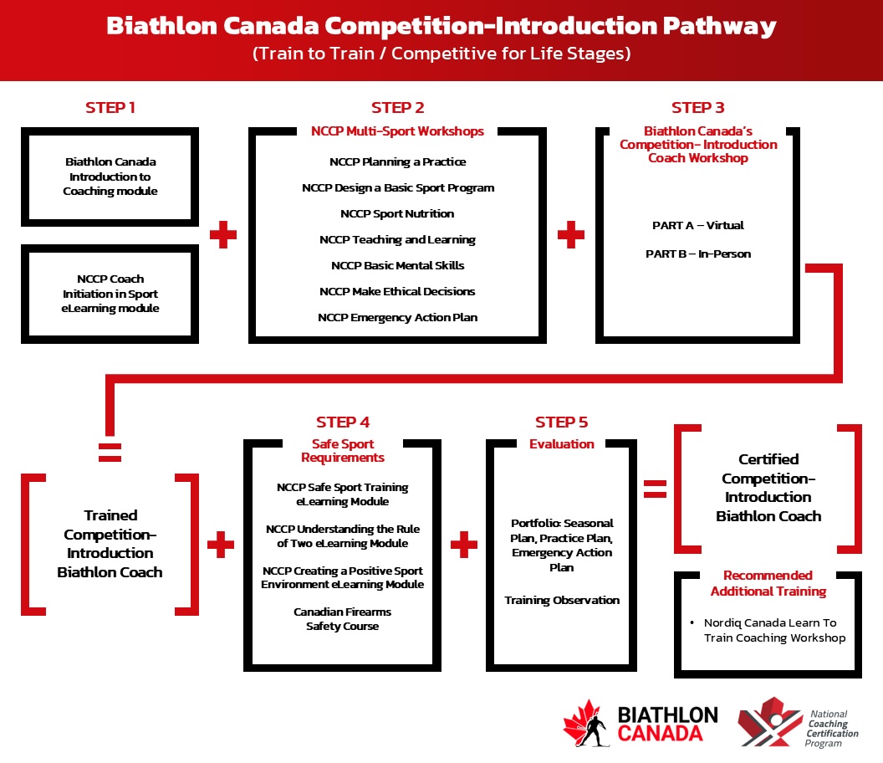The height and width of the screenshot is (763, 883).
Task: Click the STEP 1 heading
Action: (x=110, y=108)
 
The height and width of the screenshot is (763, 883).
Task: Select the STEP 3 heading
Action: (x=697, y=108)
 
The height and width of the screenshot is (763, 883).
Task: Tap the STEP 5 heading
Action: (x=561, y=422)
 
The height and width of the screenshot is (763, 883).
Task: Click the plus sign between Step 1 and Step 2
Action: (x=223, y=235)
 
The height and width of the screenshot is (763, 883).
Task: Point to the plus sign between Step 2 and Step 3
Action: (x=570, y=235)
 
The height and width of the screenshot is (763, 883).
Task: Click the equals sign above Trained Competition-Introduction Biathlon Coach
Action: (x=110, y=452)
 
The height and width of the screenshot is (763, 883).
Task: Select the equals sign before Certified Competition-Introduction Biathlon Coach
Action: (x=656, y=489)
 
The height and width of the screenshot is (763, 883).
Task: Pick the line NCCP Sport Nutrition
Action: (x=397, y=214)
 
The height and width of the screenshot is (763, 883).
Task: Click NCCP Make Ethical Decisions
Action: (x=397, y=292)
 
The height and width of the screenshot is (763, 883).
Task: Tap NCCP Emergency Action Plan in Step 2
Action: (x=397, y=318)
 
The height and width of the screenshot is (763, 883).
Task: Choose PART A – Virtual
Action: (x=697, y=226)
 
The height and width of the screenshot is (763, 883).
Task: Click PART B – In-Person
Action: (x=697, y=253)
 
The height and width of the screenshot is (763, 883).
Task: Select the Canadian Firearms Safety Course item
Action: (x=342, y=619)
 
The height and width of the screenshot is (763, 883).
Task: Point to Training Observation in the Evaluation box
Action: (x=562, y=601)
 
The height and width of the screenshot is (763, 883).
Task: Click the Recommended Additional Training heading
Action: (x=768, y=583)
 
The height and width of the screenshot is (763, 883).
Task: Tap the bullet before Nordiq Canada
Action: (x=693, y=623)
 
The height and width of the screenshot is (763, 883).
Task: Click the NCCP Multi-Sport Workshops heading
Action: (x=397, y=131)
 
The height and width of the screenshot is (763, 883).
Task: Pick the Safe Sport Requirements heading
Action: (x=343, y=451)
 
